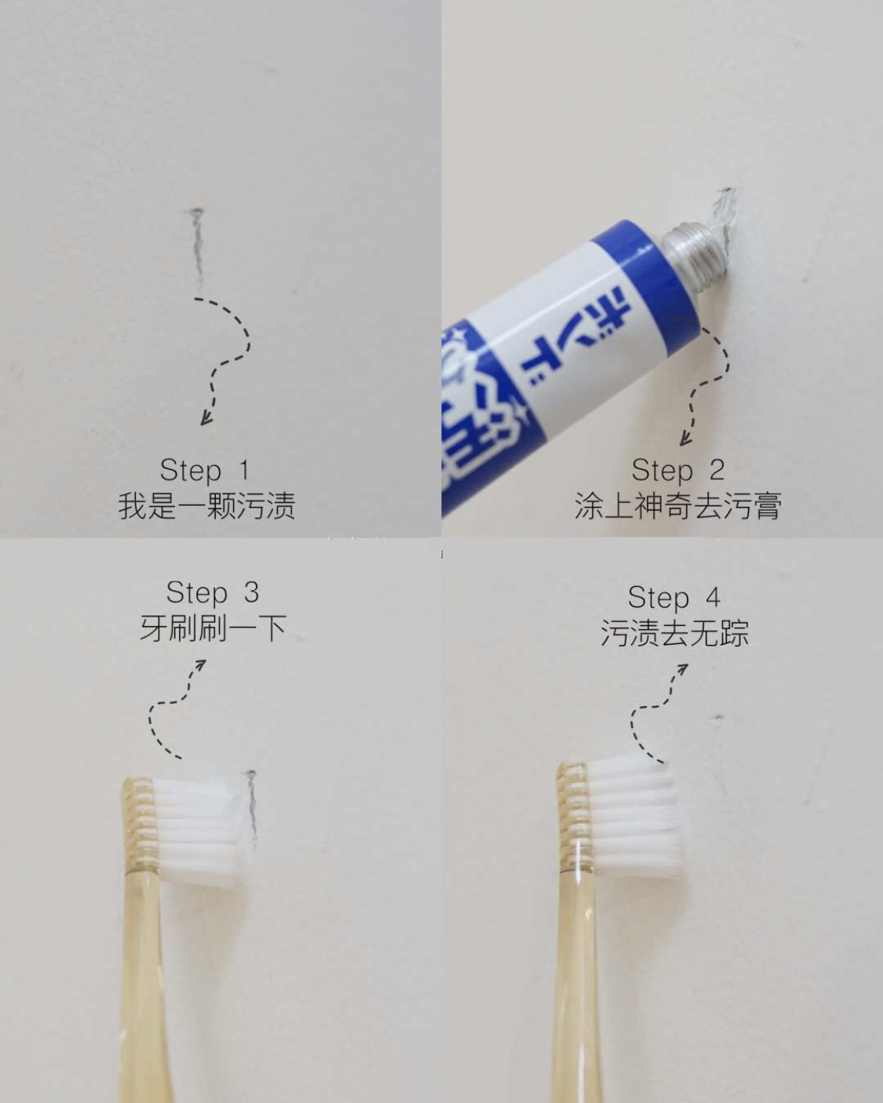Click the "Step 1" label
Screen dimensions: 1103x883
pyautogui.click(x=205, y=471)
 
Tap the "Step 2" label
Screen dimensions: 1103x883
pyautogui.click(x=677, y=471)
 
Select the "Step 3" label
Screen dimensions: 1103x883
pyautogui.click(x=212, y=593)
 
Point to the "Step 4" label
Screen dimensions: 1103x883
pyautogui.click(x=673, y=598)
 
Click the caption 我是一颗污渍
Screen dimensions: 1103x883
pyautogui.click(x=206, y=506)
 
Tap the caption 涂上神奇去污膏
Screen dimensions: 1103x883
pyautogui.click(x=677, y=506)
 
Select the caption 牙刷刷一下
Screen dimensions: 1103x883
pyautogui.click(x=212, y=628)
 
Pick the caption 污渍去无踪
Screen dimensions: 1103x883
pyautogui.click(x=674, y=633)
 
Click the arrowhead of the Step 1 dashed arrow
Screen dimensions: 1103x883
pyautogui.click(x=206, y=419)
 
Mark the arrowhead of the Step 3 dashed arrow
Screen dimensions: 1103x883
pyautogui.click(x=202, y=665)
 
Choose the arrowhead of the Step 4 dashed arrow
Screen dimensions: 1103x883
pyautogui.click(x=683, y=669)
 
